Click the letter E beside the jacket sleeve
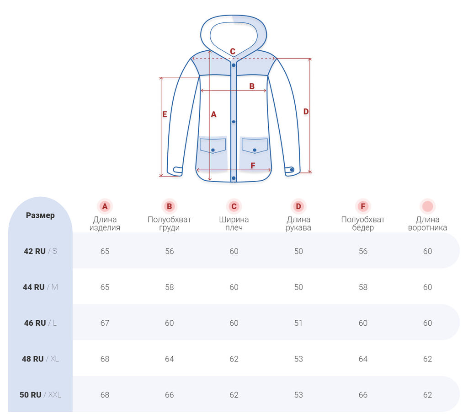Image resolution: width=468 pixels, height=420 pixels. (165, 115)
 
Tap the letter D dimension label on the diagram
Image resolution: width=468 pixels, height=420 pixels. (306, 112)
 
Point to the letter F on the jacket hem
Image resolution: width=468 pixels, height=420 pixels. (253, 166)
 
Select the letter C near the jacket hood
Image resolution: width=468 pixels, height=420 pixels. (233, 52)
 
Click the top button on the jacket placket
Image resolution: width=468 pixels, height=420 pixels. (234, 65)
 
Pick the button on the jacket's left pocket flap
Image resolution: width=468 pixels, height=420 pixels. (213, 150)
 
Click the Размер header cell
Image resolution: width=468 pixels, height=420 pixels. (40, 215)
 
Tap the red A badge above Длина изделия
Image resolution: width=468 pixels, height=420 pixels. (105, 206)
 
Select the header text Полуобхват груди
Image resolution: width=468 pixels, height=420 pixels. (169, 223)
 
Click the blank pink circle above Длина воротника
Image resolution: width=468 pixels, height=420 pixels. (427, 206)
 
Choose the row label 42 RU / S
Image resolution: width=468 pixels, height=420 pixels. (40, 251)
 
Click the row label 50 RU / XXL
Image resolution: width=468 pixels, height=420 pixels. (40, 395)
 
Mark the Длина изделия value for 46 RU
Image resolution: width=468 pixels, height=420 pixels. (105, 323)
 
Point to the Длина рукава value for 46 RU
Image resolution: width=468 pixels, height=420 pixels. (298, 323)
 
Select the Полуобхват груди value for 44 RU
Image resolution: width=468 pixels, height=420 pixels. (169, 287)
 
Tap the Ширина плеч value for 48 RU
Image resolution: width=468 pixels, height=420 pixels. (234, 359)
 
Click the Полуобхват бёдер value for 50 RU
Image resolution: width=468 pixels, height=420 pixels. (363, 395)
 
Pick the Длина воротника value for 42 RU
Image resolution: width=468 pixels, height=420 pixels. (427, 251)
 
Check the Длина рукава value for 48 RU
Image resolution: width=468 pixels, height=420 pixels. (298, 359)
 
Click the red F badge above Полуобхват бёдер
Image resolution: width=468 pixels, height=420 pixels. (363, 206)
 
